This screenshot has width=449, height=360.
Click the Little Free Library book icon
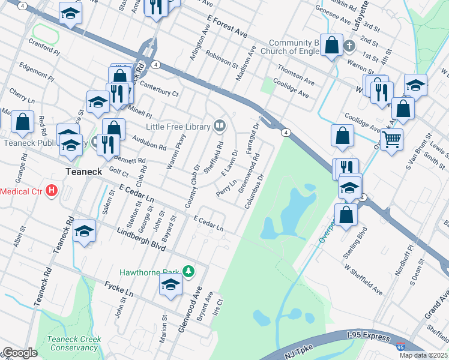[x=220, y=126]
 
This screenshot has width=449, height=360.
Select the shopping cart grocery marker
[x=391, y=139]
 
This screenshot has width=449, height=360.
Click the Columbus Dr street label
[x=255, y=191]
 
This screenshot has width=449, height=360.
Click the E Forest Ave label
[x=228, y=25]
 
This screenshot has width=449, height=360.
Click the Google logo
[x=20, y=353]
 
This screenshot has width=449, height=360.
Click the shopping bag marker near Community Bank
[x=331, y=45]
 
